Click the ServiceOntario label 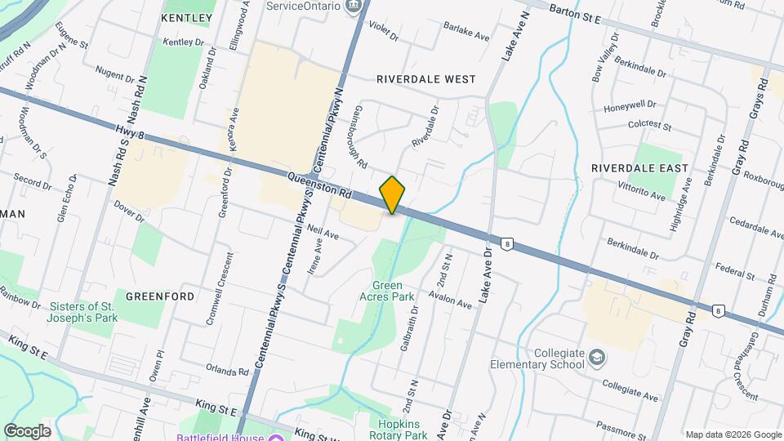304,5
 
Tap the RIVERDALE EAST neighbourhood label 640,167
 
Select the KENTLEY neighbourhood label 186,17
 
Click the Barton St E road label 575,12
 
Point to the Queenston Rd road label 319,185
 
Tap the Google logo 27,431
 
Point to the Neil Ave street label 324,233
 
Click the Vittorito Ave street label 641,193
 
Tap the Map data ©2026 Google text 733,434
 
